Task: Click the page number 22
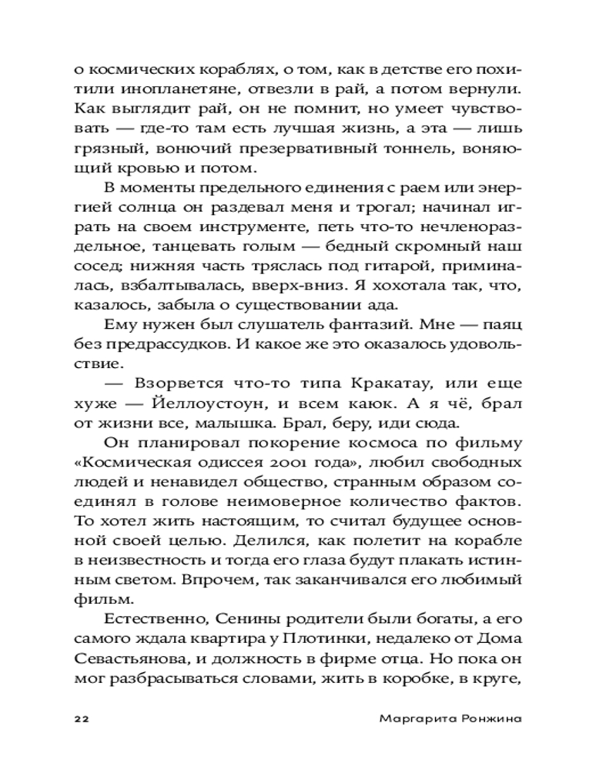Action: [82, 718]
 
